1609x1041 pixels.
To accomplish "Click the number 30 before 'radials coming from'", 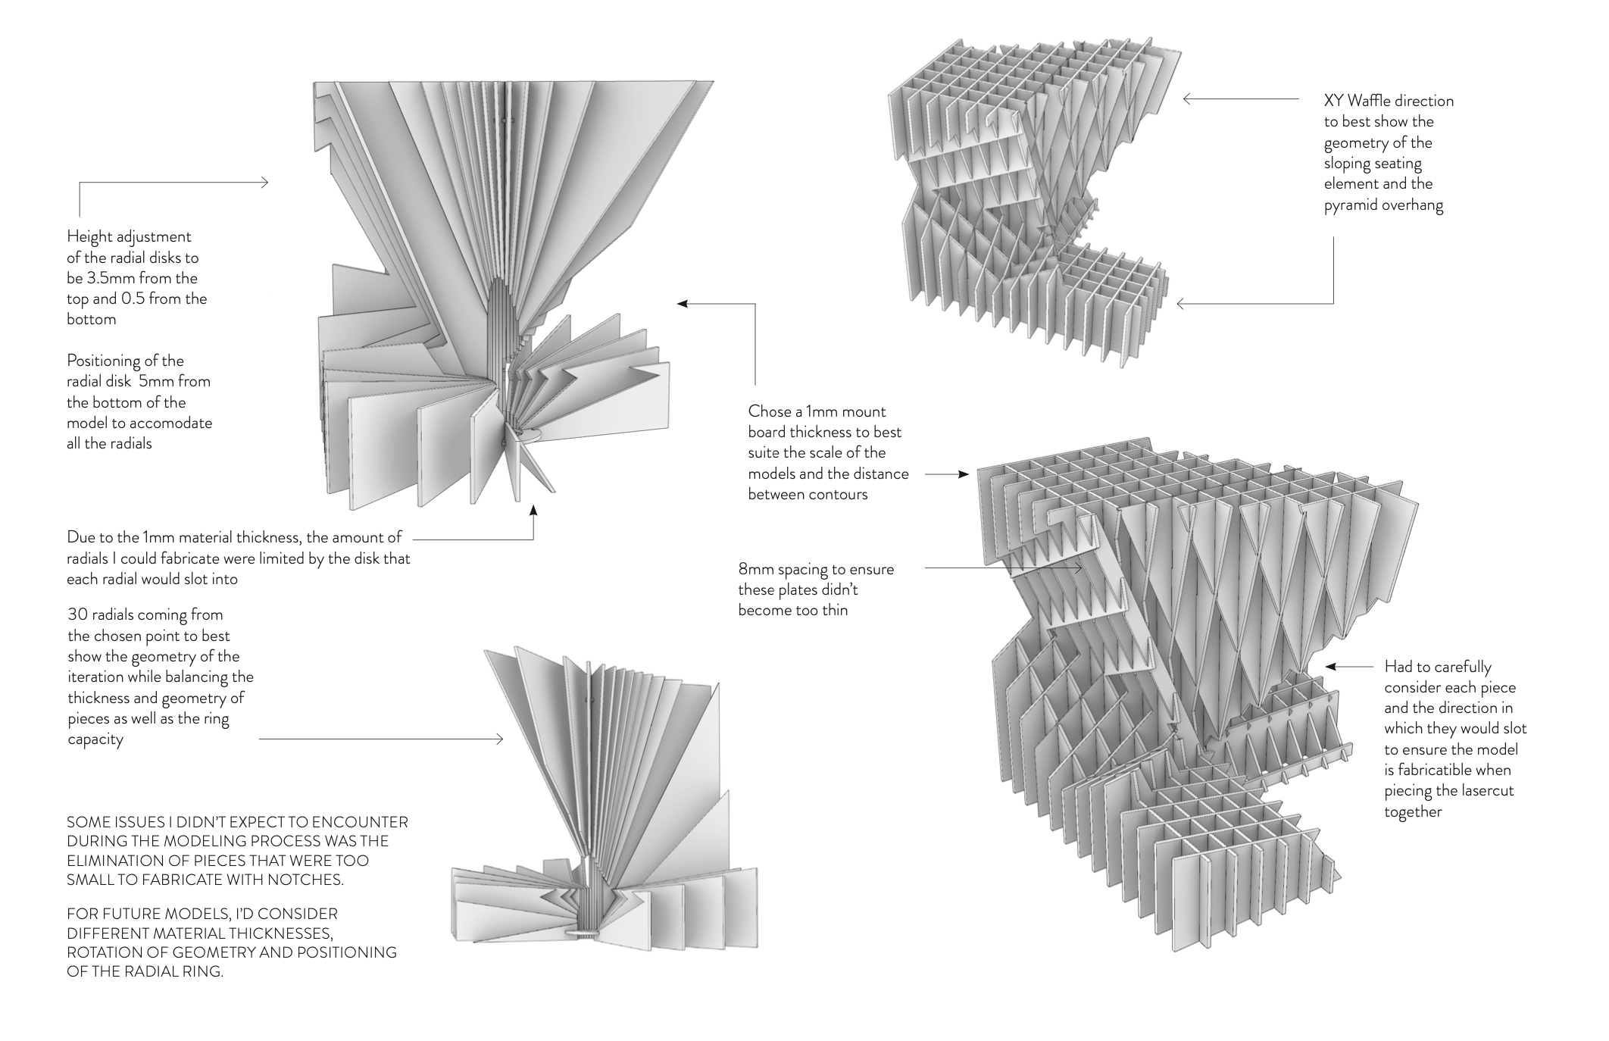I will [78, 614].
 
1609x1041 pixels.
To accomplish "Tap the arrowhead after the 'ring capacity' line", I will [499, 739].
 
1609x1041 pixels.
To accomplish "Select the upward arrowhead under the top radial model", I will [533, 511].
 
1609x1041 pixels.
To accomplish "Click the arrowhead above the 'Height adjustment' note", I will [264, 183].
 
